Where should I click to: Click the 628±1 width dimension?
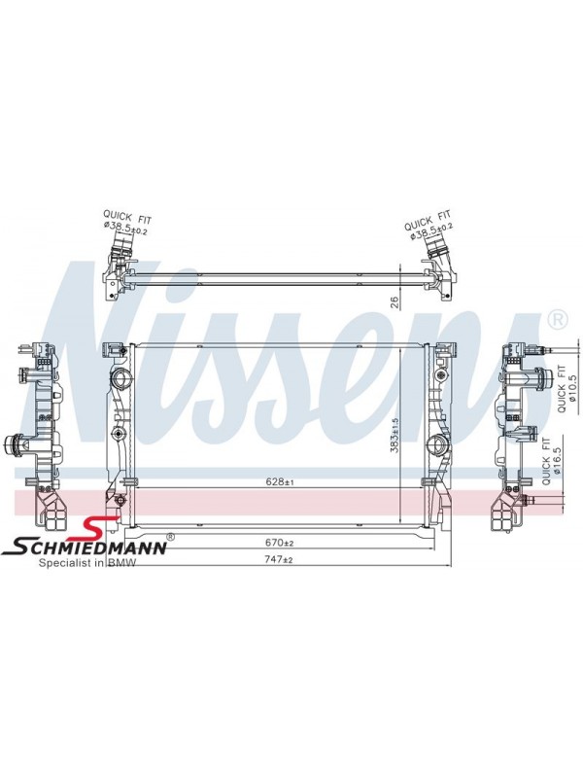click(280, 481)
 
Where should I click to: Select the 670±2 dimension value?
click(280, 543)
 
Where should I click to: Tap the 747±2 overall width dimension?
click(280, 559)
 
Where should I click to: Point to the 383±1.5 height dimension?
click(394, 433)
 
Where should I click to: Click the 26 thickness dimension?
click(395, 303)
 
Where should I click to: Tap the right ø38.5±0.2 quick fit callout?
click(429, 225)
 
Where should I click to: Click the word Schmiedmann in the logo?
click(85, 548)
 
